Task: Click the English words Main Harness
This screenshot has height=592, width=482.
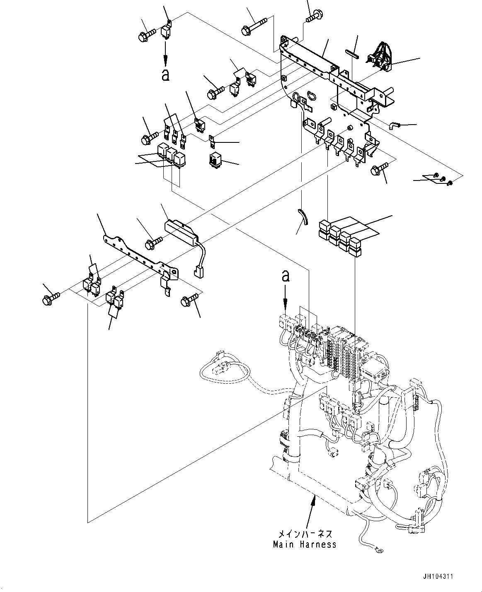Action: click(x=305, y=544)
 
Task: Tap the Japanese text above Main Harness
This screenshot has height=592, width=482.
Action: click(x=305, y=534)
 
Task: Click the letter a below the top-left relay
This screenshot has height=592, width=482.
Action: click(x=165, y=75)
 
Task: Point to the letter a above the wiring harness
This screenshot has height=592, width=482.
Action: click(x=285, y=276)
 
